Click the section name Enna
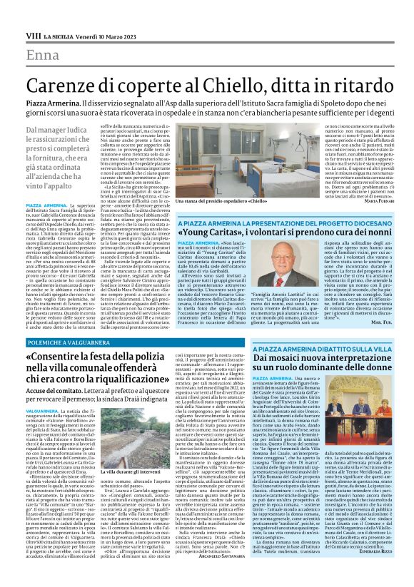tap(44, 56)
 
